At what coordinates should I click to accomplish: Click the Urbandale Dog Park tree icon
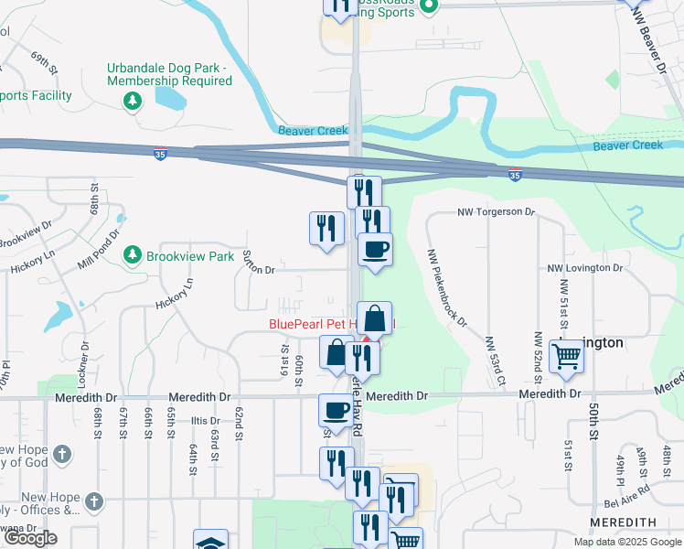click(134, 99)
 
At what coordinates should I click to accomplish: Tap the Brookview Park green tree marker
click(134, 254)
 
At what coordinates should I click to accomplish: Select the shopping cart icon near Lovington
click(567, 356)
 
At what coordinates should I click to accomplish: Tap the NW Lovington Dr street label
click(584, 268)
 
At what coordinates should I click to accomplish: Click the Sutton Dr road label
click(258, 270)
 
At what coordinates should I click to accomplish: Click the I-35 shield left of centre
click(160, 156)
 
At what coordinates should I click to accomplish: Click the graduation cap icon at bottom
click(209, 542)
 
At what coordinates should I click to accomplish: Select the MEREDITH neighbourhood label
click(623, 522)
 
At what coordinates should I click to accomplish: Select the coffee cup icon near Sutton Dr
click(374, 249)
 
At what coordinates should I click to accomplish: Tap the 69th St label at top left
click(43, 62)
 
